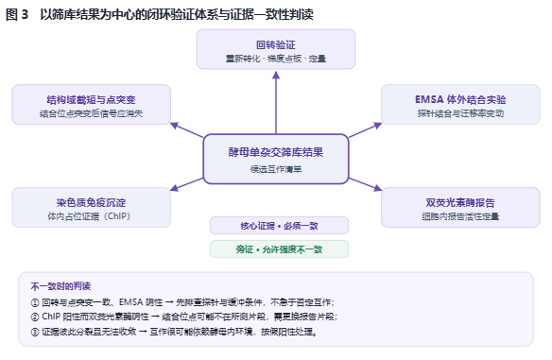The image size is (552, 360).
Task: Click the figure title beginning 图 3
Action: (160, 14)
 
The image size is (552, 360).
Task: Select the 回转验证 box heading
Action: (276, 45)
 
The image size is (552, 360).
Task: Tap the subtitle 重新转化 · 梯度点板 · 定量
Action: (276, 59)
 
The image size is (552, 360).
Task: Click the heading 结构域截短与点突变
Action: (91, 100)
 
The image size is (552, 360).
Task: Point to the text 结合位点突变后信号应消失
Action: (91, 113)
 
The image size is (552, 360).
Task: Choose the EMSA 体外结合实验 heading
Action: (460, 99)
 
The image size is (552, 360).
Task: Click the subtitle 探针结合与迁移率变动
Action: (460, 113)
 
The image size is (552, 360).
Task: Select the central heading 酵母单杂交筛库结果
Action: (276, 152)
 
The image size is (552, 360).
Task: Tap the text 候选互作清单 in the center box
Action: (276, 169)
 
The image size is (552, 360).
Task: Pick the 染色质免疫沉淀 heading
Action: (91, 203)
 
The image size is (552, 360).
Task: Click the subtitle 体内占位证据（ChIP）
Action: (90, 216)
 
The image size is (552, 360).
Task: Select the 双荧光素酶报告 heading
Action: (460, 203)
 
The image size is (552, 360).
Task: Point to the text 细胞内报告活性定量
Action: (460, 216)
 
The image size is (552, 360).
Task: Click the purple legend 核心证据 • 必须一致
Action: (279, 226)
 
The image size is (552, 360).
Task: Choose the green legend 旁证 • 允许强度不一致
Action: (279, 249)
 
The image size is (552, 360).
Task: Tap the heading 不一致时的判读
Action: (60, 286)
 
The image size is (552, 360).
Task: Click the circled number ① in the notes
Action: (34, 302)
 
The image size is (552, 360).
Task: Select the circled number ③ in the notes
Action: (34, 332)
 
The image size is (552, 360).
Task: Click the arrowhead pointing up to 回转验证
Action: (276, 75)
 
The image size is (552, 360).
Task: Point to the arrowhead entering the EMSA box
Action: (378, 126)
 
